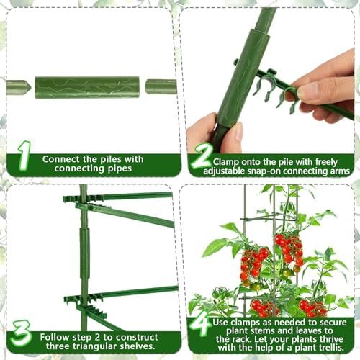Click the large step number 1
pos(24,156)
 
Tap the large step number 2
pos(202,156)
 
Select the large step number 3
pos(21,333)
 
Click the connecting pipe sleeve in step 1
pos(87,87)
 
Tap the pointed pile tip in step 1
pos(19,87)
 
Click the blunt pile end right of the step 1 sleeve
pos(161,87)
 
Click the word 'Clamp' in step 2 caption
pos(225,162)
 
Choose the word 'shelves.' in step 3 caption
pos(138,346)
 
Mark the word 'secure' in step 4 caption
pos(333,323)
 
